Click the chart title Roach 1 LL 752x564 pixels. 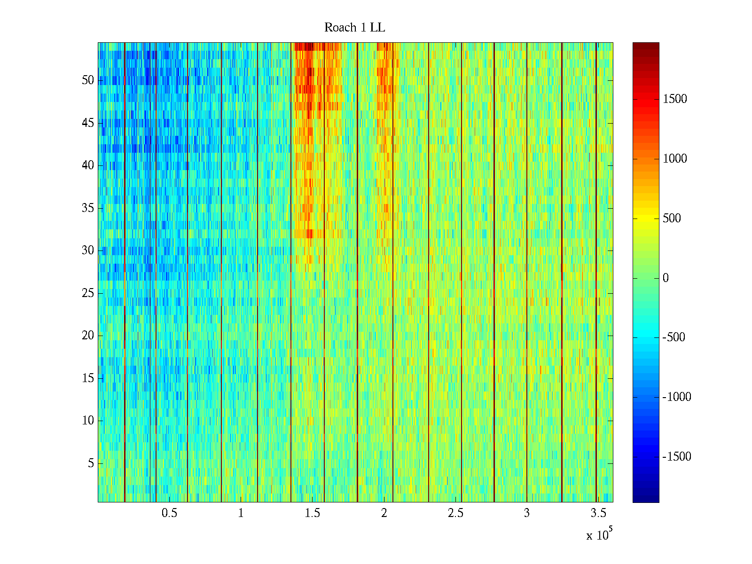354,28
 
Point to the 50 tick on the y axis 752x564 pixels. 88,80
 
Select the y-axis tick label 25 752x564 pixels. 88,293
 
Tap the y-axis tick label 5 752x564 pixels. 91,463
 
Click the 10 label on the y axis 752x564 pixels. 88,421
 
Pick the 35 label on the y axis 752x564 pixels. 88,208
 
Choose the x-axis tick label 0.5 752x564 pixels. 169,513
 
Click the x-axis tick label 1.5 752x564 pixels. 313,513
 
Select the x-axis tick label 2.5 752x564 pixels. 455,513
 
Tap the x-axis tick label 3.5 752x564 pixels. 598,513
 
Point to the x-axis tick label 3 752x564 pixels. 527,513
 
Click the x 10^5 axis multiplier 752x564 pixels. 599,535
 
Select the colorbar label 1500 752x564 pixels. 675,99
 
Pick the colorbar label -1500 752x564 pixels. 677,456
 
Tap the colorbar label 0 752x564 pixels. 666,278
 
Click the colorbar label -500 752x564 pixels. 674,337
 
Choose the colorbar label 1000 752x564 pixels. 675,159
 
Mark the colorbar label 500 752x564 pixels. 672,219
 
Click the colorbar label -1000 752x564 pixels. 677,397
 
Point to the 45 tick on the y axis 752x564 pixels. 88,123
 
